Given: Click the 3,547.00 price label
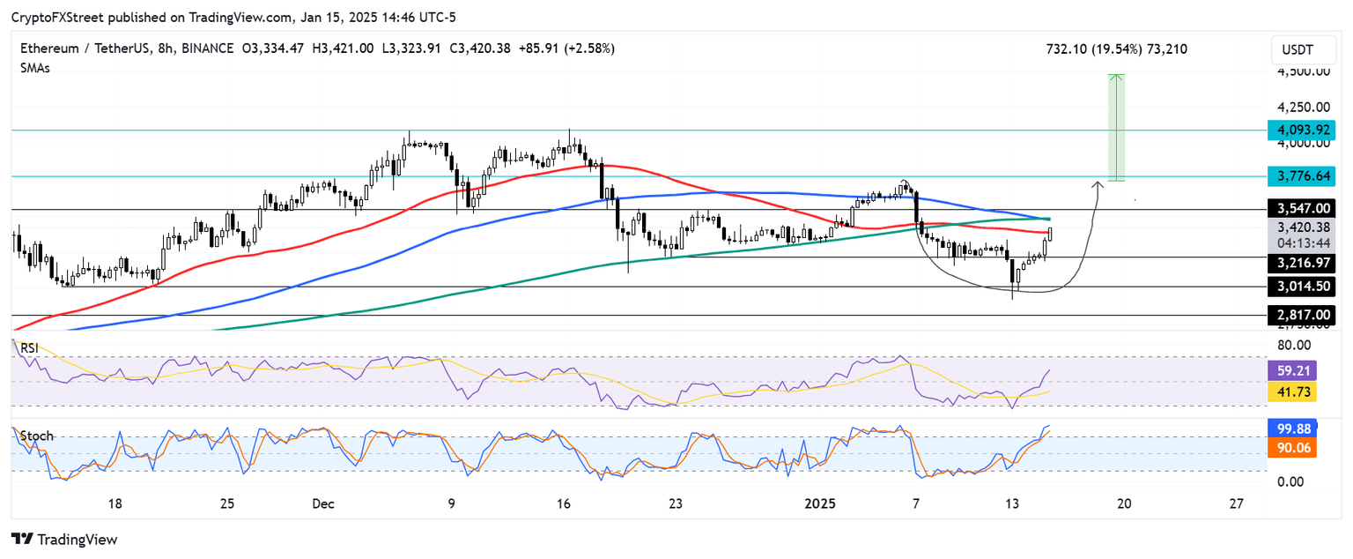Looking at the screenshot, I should click(x=1300, y=209).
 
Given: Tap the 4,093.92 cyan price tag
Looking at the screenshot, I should click(x=1300, y=130).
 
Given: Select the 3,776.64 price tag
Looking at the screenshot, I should click(x=1300, y=176).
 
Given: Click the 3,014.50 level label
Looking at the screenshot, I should click(x=1300, y=287).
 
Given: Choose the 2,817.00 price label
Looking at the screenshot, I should click(x=1300, y=315).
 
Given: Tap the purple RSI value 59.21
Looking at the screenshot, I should click(x=1290, y=371).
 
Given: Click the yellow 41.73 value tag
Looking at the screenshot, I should click(x=1290, y=391).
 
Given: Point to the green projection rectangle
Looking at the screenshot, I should click(x=1116, y=128).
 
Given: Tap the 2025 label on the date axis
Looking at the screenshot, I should click(x=821, y=503).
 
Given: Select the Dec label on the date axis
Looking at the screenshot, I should click(x=322, y=503).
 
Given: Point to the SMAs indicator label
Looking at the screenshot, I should click(x=35, y=68).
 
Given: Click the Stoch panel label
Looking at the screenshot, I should click(x=37, y=436).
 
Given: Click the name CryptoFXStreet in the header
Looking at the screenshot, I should click(x=55, y=18).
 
